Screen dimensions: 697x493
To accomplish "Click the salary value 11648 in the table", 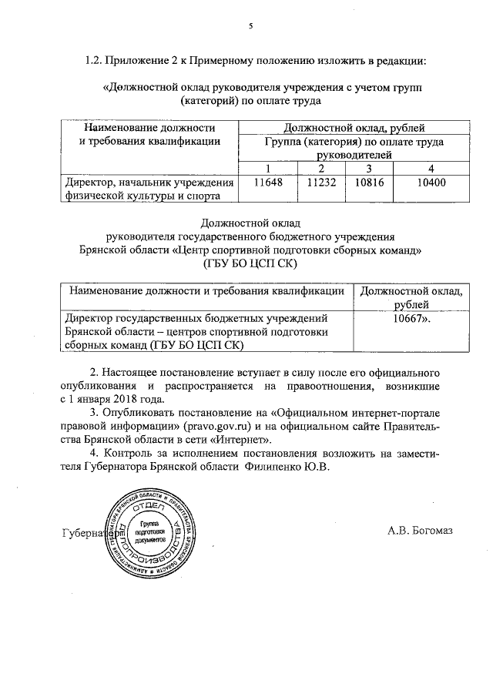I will pyautogui.click(x=257, y=183).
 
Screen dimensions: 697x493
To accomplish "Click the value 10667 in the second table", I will pyautogui.click(x=411, y=317).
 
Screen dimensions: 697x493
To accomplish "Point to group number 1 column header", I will pyautogui.click(x=267, y=169).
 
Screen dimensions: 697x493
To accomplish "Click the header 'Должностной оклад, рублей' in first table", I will pyautogui.click(x=354, y=128).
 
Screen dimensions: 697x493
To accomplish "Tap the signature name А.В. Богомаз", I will pyautogui.click(x=421, y=530).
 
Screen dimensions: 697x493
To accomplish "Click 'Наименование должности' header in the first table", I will pyautogui.click(x=148, y=128).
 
